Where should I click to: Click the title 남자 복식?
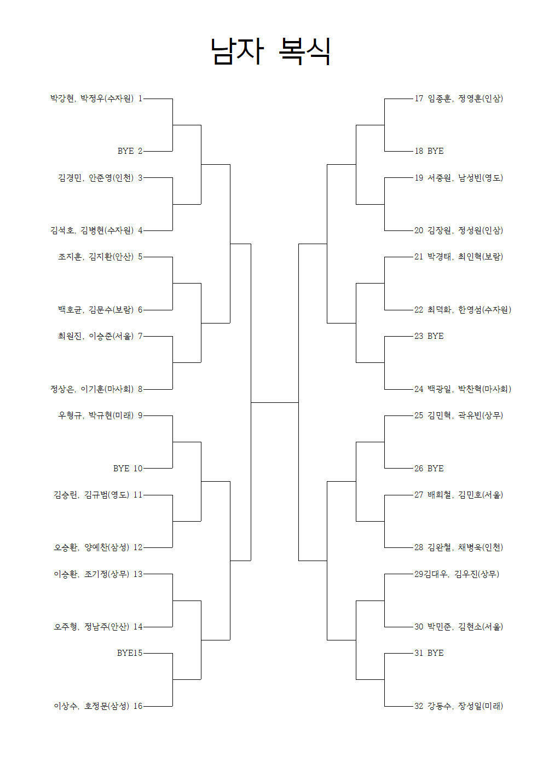[x=271, y=51]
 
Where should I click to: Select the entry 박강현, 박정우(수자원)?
[x=92, y=99]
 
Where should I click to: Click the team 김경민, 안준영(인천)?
[x=96, y=178]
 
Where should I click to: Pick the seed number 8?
[x=140, y=389]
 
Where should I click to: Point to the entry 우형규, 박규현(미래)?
[x=96, y=415]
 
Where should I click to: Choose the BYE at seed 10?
[x=122, y=469]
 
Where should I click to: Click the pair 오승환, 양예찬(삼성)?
[x=91, y=547]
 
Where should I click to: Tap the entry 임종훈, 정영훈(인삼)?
[x=465, y=99]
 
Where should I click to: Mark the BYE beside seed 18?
[x=435, y=151]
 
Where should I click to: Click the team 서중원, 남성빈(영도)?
[x=465, y=178]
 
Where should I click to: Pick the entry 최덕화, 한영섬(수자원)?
[x=469, y=310]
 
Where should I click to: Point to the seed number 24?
[x=419, y=389]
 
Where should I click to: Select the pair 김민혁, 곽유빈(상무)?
[x=465, y=415]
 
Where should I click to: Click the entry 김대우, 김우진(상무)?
[x=461, y=574]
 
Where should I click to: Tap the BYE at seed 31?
[x=435, y=653]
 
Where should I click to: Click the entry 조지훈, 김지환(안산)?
[x=96, y=257]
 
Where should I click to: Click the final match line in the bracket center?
[x=275, y=402]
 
